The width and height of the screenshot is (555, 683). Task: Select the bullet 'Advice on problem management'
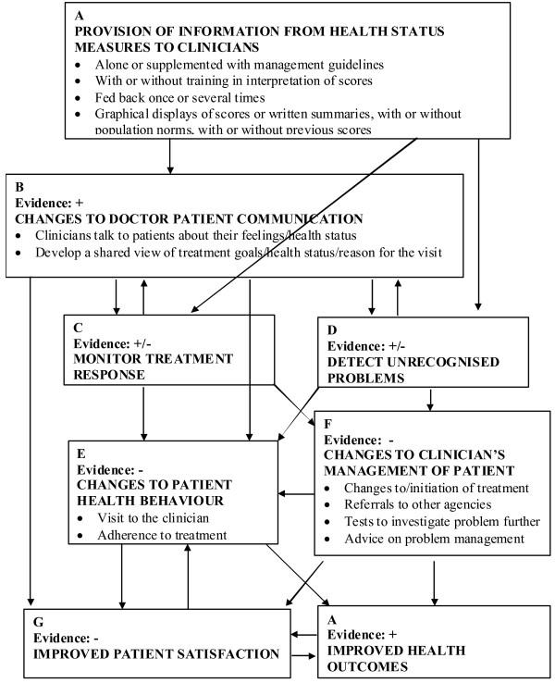click(x=430, y=538)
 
